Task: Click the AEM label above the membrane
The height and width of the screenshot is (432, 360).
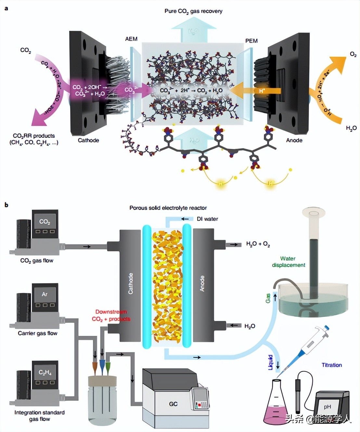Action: [131, 39]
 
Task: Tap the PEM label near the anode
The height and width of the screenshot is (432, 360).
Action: [251, 41]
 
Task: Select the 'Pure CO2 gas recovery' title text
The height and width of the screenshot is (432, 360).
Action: [193, 11]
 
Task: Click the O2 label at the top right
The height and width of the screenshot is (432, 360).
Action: [353, 55]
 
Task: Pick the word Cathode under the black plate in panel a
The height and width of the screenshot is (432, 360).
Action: [88, 140]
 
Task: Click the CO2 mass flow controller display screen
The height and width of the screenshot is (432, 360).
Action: [45, 222]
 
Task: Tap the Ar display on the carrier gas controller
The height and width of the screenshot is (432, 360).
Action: [45, 294]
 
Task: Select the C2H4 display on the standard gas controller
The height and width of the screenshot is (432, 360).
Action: [45, 373]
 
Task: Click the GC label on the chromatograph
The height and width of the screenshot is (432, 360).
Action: [173, 404]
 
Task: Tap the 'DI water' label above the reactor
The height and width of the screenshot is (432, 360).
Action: [207, 219]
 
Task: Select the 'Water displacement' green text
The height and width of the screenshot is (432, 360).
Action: [289, 262]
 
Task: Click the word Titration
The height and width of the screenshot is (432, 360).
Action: [332, 365]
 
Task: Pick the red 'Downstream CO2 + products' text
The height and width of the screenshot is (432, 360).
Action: [111, 315]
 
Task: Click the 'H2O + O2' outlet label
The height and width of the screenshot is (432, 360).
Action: [258, 244]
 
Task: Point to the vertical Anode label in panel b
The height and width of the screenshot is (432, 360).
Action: [202, 284]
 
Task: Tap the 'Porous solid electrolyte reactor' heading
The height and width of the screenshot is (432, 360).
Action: [168, 208]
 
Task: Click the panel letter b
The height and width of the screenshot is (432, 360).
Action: [6, 205]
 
